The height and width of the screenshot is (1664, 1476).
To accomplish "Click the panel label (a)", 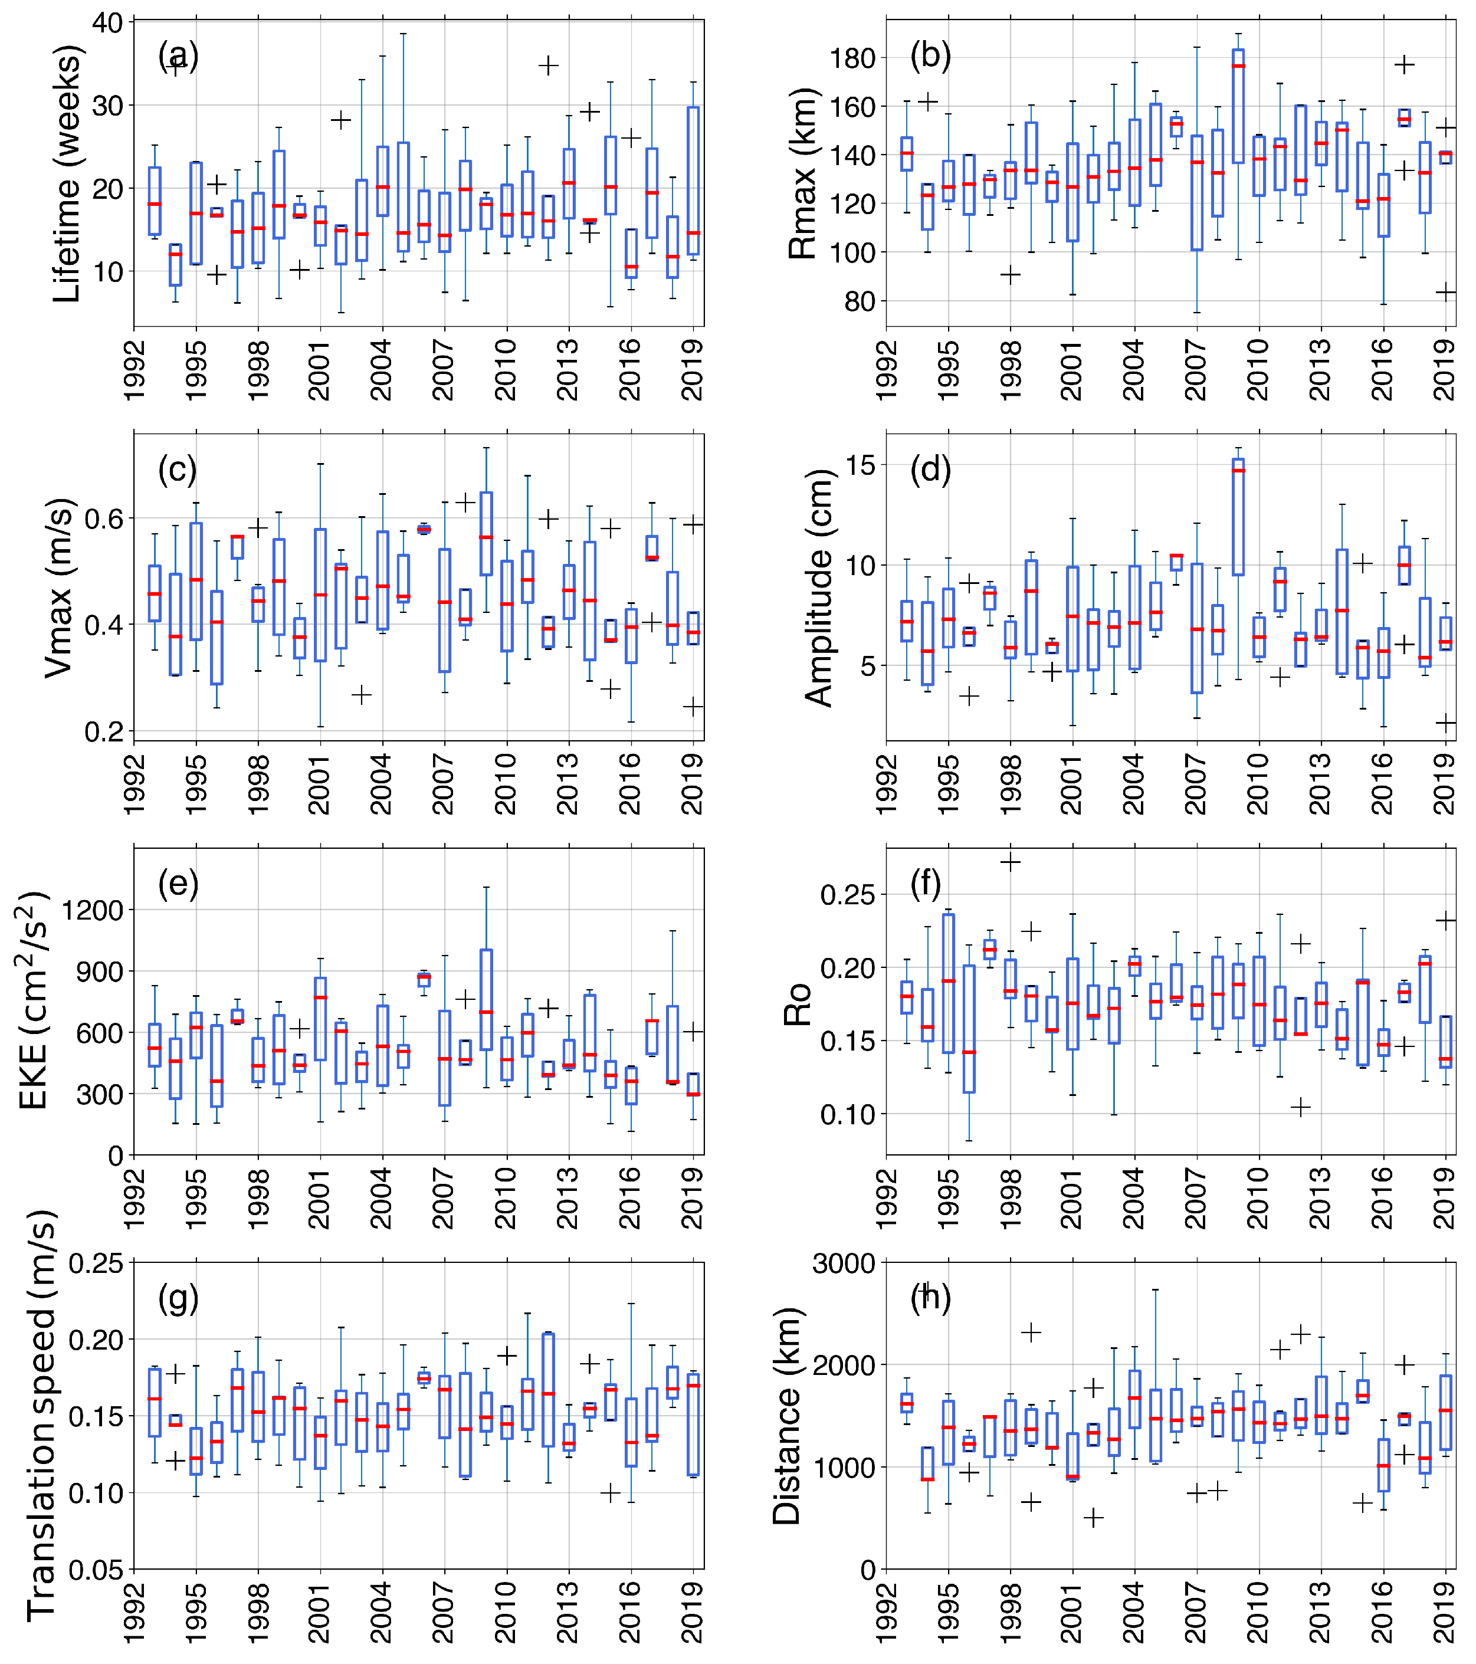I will (x=178, y=55).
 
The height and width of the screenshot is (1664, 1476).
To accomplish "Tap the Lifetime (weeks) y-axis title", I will (x=67, y=174).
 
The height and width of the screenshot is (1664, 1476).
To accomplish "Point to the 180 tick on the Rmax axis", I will (x=852, y=58).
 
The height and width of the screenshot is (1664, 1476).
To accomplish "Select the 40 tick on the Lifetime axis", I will (x=107, y=23).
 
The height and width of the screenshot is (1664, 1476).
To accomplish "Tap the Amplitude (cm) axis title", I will (x=819, y=588).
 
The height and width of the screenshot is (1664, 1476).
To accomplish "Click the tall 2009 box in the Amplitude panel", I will (x=1238, y=517).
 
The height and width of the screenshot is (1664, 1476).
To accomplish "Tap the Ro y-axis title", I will (x=798, y=1004).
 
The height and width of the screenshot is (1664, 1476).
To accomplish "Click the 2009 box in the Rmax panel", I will (x=1238, y=106).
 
